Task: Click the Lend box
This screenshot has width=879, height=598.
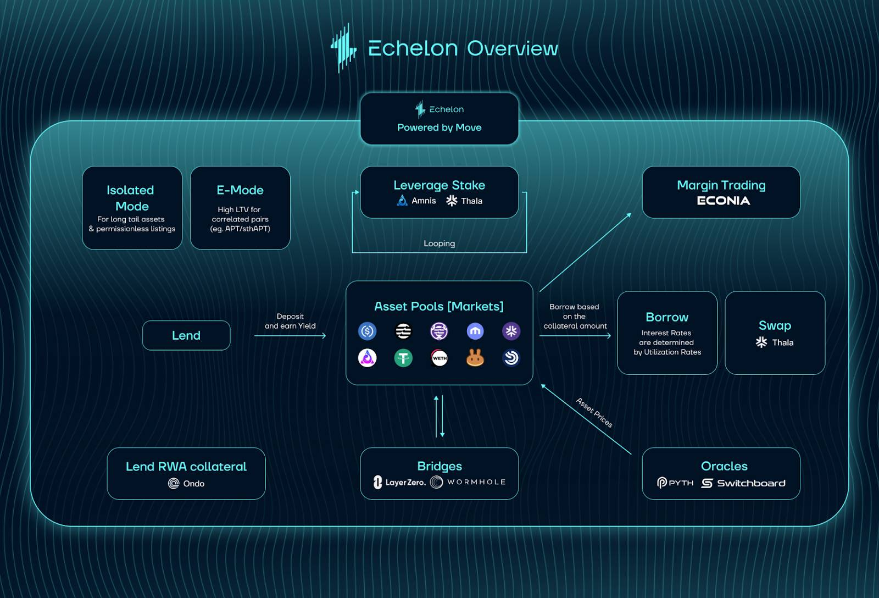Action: tap(186, 335)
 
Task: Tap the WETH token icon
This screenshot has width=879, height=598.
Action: tap(439, 358)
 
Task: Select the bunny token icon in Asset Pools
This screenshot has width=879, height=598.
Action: tap(475, 358)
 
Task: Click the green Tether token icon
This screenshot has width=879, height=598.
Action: tap(403, 358)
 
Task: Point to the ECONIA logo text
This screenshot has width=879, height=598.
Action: tap(723, 201)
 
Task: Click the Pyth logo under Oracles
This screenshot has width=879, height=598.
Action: tap(675, 483)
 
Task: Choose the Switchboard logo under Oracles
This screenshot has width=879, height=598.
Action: tap(743, 483)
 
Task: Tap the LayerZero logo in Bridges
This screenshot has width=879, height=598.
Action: tap(399, 483)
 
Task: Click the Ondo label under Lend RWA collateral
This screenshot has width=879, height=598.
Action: tap(187, 484)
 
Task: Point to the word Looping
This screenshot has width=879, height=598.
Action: tap(439, 243)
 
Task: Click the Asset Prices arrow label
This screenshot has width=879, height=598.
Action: tap(594, 412)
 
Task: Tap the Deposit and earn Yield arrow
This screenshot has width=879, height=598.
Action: tap(290, 335)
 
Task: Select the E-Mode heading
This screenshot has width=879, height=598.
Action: tap(240, 190)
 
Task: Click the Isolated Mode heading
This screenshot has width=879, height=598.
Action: tap(131, 198)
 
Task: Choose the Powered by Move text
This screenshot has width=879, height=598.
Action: tap(439, 128)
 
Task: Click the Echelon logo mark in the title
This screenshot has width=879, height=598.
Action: tap(343, 48)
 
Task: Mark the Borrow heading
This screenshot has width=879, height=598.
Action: tap(667, 317)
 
